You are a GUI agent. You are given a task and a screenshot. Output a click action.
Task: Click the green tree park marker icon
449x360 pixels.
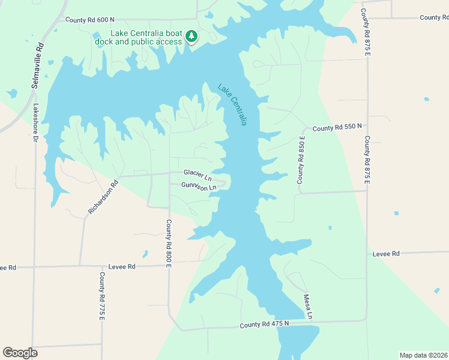pos(191,37)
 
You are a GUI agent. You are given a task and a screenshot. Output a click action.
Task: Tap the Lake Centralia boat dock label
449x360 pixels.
pos(146,37)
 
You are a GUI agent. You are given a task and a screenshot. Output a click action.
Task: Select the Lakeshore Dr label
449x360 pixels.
pos(35,122)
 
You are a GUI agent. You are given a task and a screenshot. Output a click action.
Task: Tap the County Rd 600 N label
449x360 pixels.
pos(90,20)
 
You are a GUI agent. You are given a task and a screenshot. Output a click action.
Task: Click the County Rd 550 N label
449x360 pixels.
pos(337,127)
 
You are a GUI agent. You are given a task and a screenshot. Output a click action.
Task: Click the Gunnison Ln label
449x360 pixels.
pos(198,187)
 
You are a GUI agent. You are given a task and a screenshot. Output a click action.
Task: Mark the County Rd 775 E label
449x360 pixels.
pos(102,296)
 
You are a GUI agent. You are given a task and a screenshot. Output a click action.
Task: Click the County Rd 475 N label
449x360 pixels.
pos(264,324)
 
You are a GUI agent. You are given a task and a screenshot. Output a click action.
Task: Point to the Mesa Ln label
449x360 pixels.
pos(308,306)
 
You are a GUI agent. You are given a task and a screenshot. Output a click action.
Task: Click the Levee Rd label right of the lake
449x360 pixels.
pos(385,254)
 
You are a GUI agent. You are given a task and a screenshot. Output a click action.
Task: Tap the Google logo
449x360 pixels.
pos(20,353)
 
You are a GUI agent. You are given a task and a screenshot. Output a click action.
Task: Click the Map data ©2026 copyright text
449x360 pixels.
pos(423,355)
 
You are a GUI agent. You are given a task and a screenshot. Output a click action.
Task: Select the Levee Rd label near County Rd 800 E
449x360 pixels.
pos(122,266)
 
